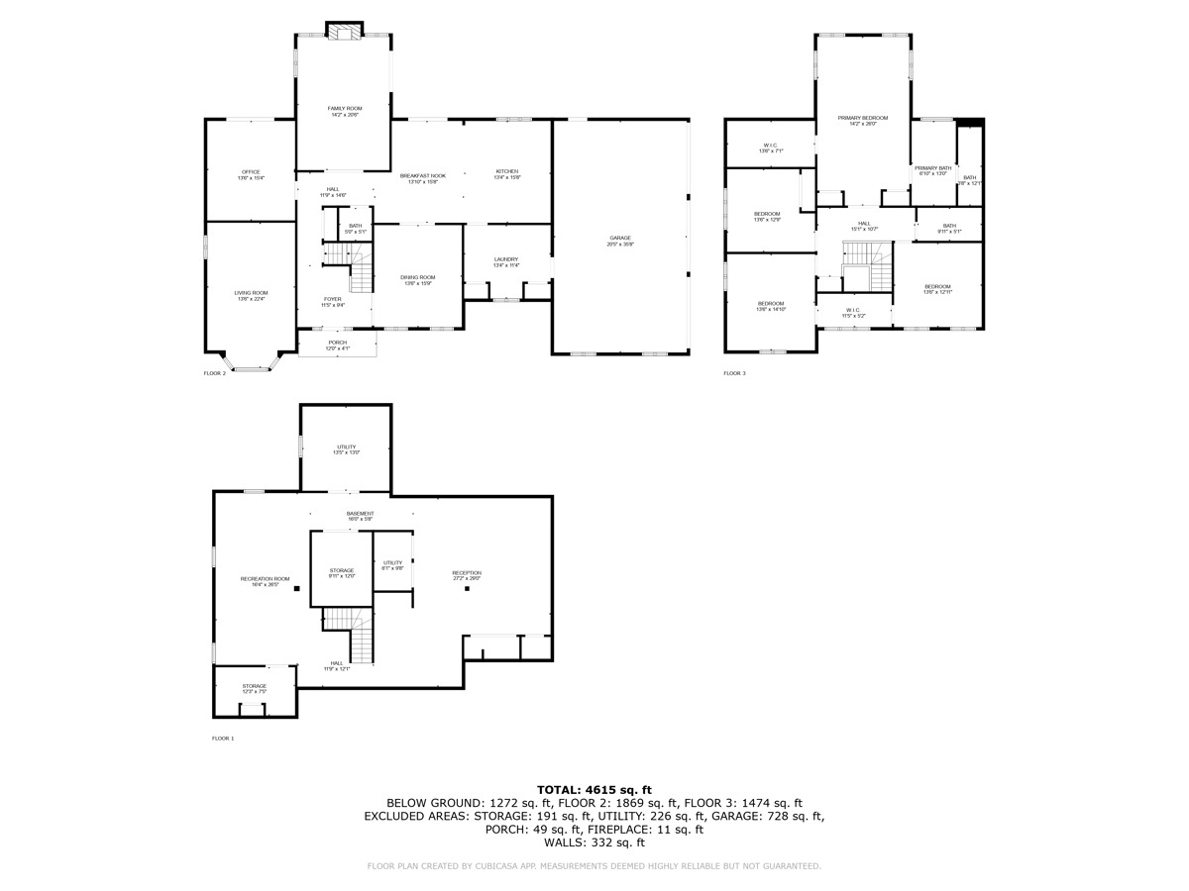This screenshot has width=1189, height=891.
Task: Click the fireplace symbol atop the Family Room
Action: [x=345, y=33]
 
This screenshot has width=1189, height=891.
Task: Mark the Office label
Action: [x=250, y=174]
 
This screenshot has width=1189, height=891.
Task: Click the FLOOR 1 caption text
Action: [x=223, y=739]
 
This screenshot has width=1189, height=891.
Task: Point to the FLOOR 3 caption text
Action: [x=734, y=373]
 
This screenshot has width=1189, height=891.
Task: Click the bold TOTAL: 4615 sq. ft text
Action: [x=594, y=789]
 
